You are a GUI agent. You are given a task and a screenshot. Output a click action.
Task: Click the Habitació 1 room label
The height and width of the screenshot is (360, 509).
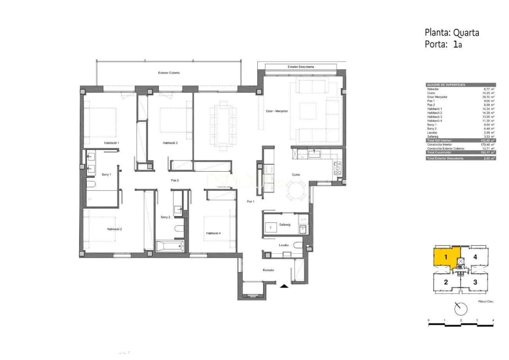coord(112,143)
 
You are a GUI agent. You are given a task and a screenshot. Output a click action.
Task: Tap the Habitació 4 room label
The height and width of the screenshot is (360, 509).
coord(213,233)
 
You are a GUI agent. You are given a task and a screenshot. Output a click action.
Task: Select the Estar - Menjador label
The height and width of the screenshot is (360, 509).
coord(277,111)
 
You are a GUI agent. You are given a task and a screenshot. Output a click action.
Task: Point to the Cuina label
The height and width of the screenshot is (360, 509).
coord(296,175)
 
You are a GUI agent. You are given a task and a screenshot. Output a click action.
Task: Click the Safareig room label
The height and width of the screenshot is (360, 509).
coord(285,224)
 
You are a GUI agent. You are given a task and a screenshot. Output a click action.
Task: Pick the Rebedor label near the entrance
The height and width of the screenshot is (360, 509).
coord(268,270)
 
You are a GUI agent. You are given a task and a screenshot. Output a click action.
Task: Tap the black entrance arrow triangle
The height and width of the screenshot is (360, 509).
coord(284,286)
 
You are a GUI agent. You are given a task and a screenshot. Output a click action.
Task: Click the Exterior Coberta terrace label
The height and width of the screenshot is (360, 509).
coord(169,73)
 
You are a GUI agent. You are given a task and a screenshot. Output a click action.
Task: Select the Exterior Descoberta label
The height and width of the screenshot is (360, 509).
coord(300,67)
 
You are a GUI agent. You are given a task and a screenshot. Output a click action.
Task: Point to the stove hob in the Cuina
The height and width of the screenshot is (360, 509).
coord(337,168)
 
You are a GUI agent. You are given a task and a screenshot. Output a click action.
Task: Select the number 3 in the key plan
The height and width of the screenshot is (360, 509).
coord(475,282)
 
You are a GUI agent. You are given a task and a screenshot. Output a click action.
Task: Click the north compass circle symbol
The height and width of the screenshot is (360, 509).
coord(460,309)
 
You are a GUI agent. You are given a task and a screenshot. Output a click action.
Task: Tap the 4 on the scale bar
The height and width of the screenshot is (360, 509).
coord(493,320)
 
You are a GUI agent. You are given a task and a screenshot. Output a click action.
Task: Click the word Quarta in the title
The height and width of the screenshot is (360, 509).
coord(466,33)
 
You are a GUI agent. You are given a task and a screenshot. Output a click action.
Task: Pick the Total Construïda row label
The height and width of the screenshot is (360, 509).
coord(439,152)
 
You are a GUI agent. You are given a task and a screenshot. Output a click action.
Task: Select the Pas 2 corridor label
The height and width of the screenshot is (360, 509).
coord(175,180)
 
